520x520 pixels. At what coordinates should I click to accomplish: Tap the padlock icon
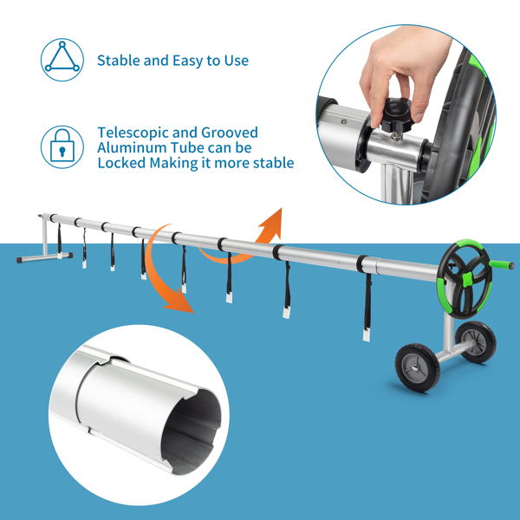tap(62, 147)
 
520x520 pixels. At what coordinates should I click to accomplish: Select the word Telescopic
tap(133, 133)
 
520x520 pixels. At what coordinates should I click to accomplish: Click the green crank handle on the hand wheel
tap(502, 265)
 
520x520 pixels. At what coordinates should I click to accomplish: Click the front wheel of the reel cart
tap(417, 367)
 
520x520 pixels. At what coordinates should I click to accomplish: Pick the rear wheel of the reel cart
tap(476, 342)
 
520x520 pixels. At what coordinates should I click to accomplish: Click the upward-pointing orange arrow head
tap(273, 223)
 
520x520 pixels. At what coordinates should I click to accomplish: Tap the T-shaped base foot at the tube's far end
tap(44, 257)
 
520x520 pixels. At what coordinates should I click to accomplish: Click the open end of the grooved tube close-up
tap(192, 431)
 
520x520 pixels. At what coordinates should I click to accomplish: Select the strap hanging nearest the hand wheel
tap(367, 307)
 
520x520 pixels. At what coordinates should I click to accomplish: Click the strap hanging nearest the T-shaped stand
tap(59, 240)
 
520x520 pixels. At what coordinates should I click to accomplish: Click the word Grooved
tap(230, 133)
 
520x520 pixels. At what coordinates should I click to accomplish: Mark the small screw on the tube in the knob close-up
tap(344, 121)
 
